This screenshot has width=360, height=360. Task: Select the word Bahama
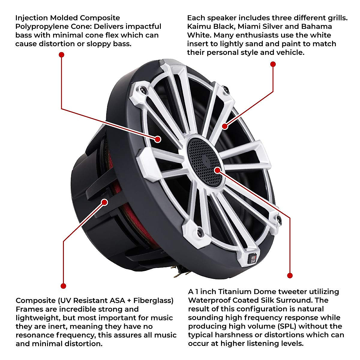pos(316,26)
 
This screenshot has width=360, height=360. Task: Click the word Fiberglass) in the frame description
pos(153,301)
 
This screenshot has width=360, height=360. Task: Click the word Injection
pos(31,18)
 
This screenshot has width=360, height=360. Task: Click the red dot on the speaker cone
pos(158,139)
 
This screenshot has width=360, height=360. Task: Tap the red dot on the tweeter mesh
pos(217,170)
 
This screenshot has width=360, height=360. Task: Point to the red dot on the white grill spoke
pos(225,126)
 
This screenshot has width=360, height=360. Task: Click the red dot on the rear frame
pos(105,202)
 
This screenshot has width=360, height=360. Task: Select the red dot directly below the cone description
pos(61,55)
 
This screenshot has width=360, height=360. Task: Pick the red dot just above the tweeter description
pos(290,275)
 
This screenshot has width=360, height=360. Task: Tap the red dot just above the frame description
pos(63,286)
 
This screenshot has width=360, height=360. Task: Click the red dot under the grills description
pos(273,64)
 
